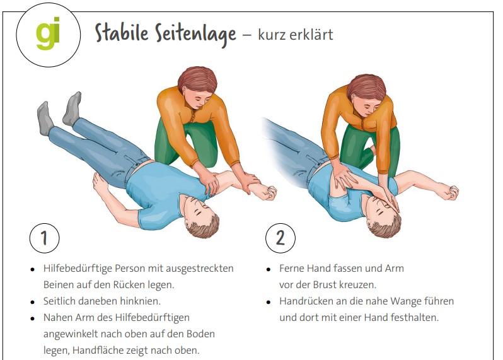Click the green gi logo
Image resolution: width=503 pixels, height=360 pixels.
click(48, 33)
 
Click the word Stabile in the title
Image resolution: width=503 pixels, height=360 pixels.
click(122, 33)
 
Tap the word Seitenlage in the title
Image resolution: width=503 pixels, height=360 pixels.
click(195, 35)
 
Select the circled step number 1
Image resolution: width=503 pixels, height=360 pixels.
click(45, 238)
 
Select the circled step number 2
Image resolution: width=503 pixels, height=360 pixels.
click(280, 238)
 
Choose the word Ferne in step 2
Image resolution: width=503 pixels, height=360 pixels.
click(291, 268)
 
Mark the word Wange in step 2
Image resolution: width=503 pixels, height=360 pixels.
click(406, 301)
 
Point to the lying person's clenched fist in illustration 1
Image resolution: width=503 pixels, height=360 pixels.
click(268, 193)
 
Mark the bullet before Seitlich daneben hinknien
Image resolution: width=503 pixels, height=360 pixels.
click(32, 302)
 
